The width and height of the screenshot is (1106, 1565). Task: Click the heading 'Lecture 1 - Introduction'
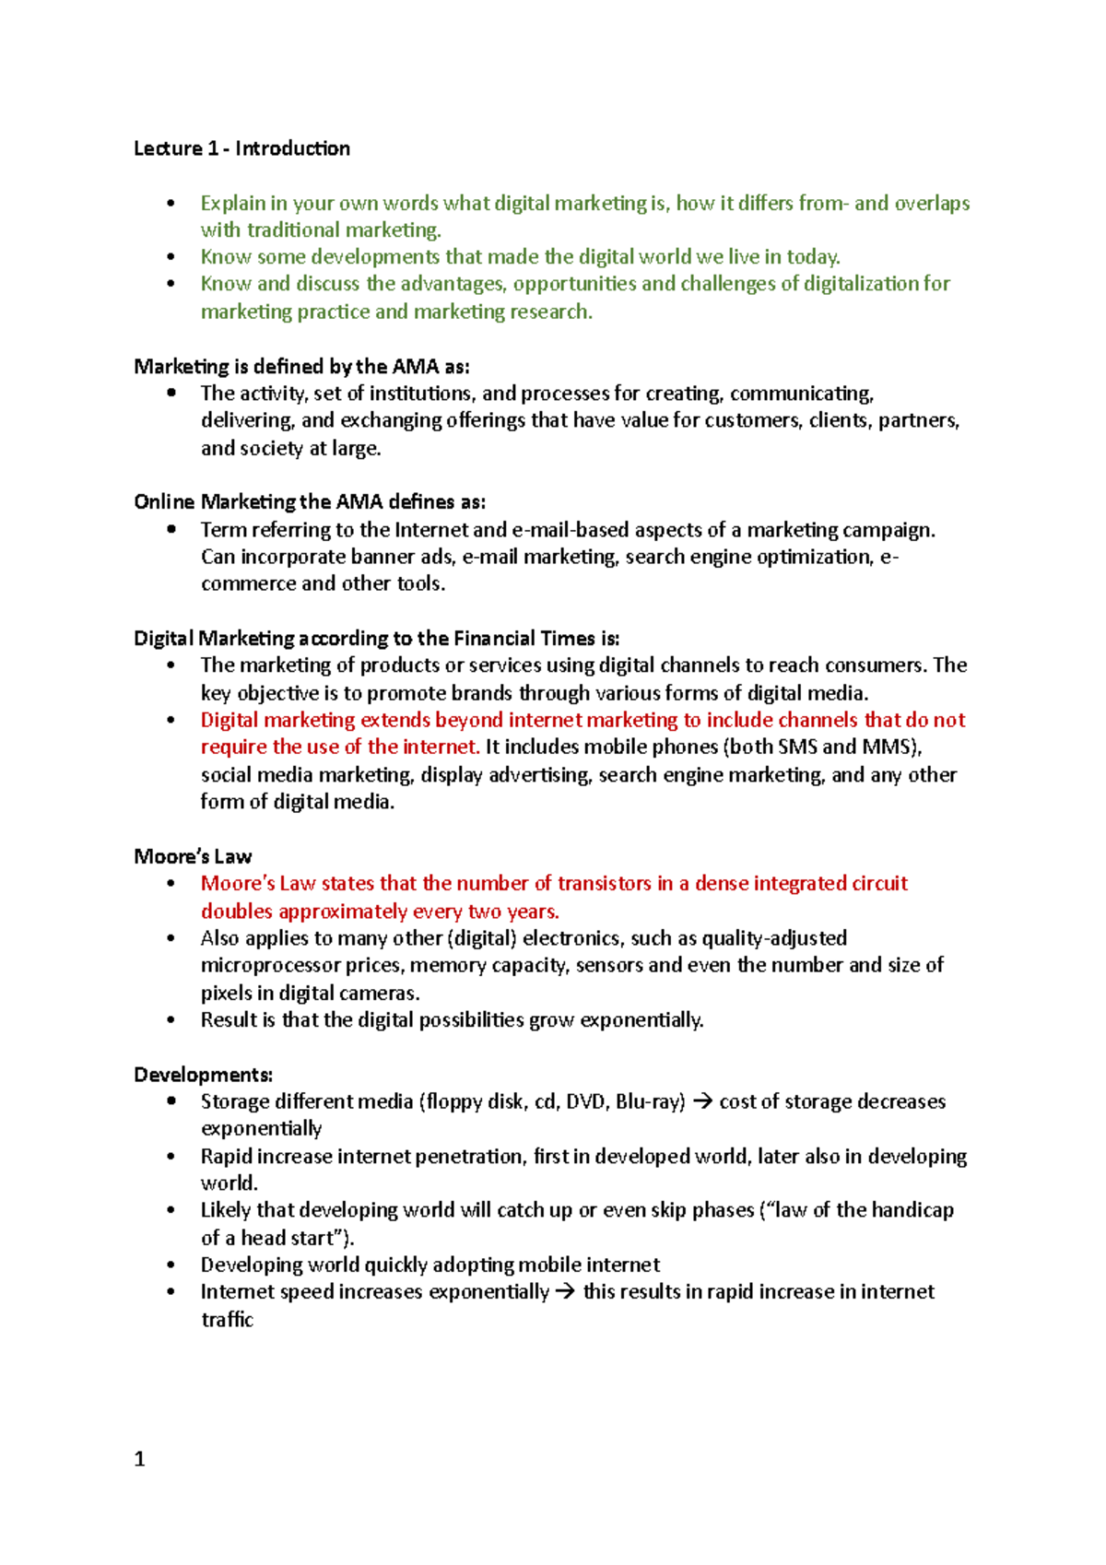[x=241, y=148]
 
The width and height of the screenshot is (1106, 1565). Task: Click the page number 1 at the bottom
[x=139, y=1459]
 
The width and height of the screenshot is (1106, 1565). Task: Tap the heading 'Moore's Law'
[x=193, y=856]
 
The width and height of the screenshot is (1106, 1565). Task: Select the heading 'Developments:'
[x=203, y=1075]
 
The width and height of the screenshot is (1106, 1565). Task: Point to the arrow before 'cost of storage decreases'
[x=701, y=1102]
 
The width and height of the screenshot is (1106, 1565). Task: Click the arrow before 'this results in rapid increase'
[x=565, y=1292]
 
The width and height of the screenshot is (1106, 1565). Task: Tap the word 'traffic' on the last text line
[x=227, y=1320]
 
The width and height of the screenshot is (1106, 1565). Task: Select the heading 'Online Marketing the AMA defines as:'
[x=310, y=502]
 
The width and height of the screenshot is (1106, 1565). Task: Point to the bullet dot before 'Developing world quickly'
[x=171, y=1265]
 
